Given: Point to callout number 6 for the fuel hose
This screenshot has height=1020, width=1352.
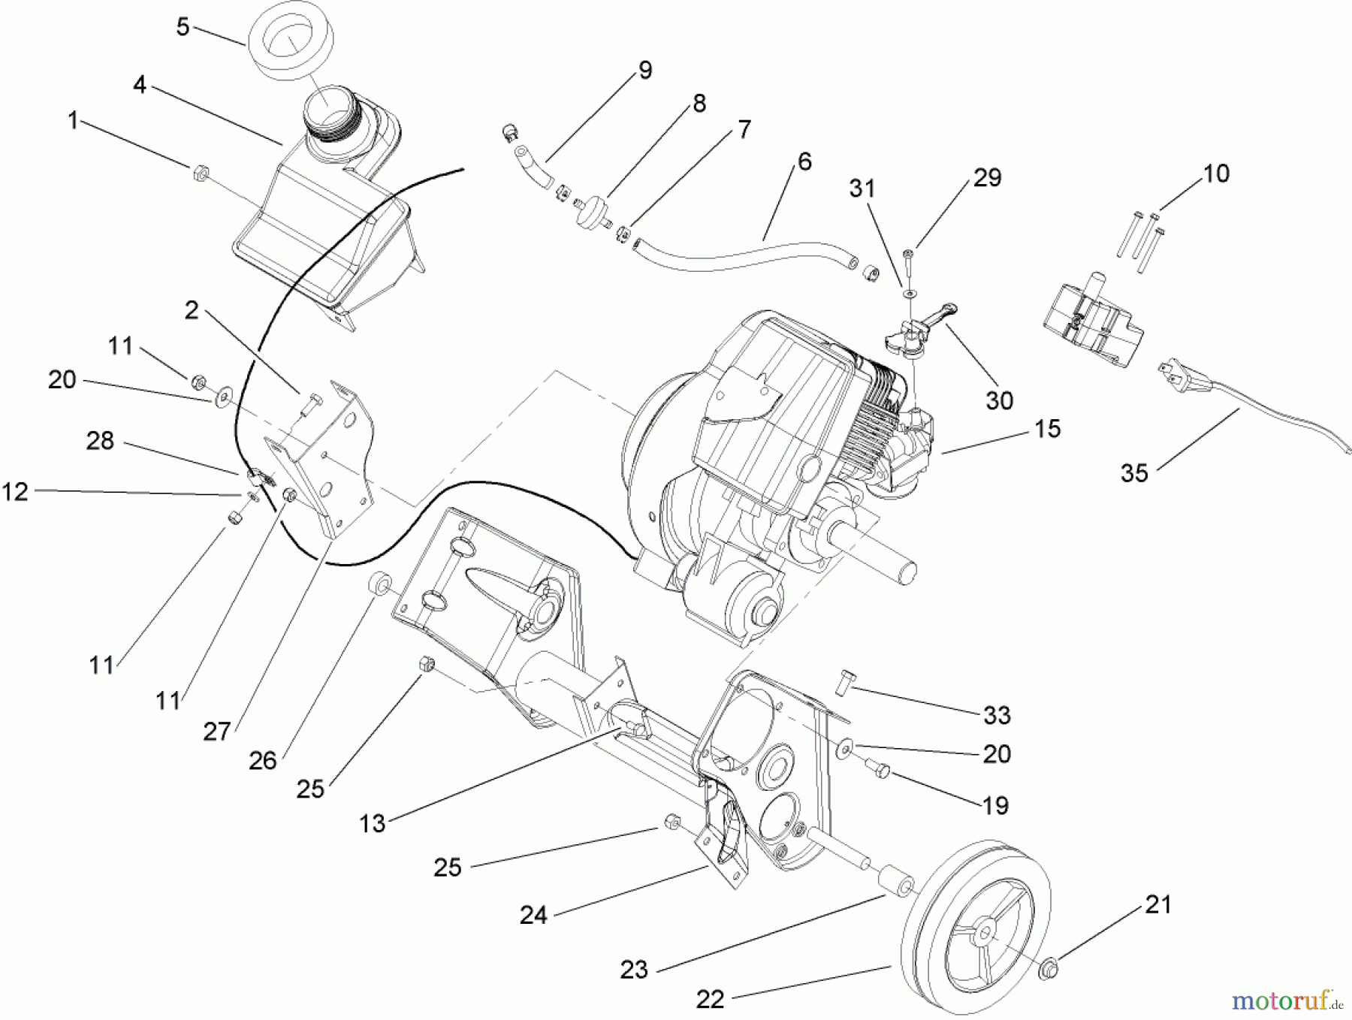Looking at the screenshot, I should [x=804, y=161].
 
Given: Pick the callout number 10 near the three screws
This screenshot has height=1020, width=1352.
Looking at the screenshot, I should [x=1216, y=174].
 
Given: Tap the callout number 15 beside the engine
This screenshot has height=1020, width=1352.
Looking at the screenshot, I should [x=1047, y=429].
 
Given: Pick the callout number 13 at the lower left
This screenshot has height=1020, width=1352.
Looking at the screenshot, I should [x=372, y=823].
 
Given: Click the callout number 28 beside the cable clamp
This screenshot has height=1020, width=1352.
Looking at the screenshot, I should [x=100, y=441].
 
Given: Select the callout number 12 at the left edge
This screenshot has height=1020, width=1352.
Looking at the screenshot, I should [x=15, y=492].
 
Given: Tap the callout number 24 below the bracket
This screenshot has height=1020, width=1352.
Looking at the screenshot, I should [x=533, y=915].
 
